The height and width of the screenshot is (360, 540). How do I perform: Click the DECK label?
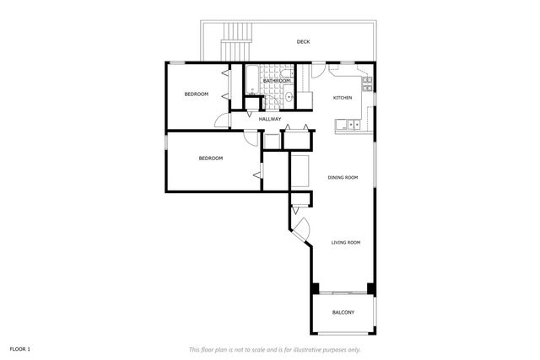(302, 41)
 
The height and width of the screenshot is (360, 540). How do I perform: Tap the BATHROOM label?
(276, 81)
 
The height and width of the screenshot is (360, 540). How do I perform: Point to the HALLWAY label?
(270, 119)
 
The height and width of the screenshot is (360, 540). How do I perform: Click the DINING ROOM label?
(343, 177)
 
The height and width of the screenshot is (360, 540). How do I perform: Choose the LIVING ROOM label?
(346, 243)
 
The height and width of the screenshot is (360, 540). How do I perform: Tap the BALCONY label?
(343, 313)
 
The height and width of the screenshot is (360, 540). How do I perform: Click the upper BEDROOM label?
(197, 94)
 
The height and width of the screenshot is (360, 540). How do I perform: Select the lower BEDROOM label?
(210, 159)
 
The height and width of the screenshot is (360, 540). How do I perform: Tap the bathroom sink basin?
(289, 98)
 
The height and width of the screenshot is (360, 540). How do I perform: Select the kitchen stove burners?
(368, 83)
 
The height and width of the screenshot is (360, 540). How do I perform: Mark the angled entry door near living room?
(301, 228)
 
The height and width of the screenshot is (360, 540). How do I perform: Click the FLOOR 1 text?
(20, 348)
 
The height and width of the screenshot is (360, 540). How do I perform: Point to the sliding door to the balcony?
(343, 292)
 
